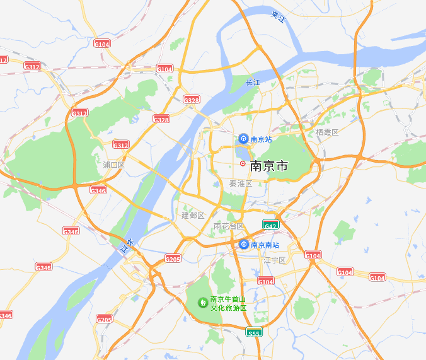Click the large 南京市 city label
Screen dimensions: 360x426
click(x=269, y=166)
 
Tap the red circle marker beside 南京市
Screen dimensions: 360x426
click(x=243, y=163)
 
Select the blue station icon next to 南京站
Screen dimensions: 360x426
click(x=243, y=139)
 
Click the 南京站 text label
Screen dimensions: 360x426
click(x=261, y=139)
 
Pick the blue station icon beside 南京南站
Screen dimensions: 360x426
click(x=244, y=245)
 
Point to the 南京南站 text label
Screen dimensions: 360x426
click(x=265, y=245)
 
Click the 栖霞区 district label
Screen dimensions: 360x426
click(x=327, y=132)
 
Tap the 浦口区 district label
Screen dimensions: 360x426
click(x=114, y=165)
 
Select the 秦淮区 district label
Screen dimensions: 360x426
click(x=241, y=183)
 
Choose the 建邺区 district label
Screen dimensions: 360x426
click(x=193, y=216)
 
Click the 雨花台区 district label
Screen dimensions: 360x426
click(x=229, y=226)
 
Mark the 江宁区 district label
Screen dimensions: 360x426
click(x=275, y=260)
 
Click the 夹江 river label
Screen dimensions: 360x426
click(x=278, y=17)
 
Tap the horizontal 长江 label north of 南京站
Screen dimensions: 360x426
click(x=253, y=83)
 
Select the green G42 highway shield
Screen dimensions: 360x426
click(x=270, y=225)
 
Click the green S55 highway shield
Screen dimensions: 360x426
click(x=254, y=332)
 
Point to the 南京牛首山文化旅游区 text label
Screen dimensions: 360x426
click(x=228, y=303)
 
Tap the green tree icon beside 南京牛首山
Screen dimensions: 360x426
click(x=203, y=303)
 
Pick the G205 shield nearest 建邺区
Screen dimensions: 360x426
click(x=173, y=258)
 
